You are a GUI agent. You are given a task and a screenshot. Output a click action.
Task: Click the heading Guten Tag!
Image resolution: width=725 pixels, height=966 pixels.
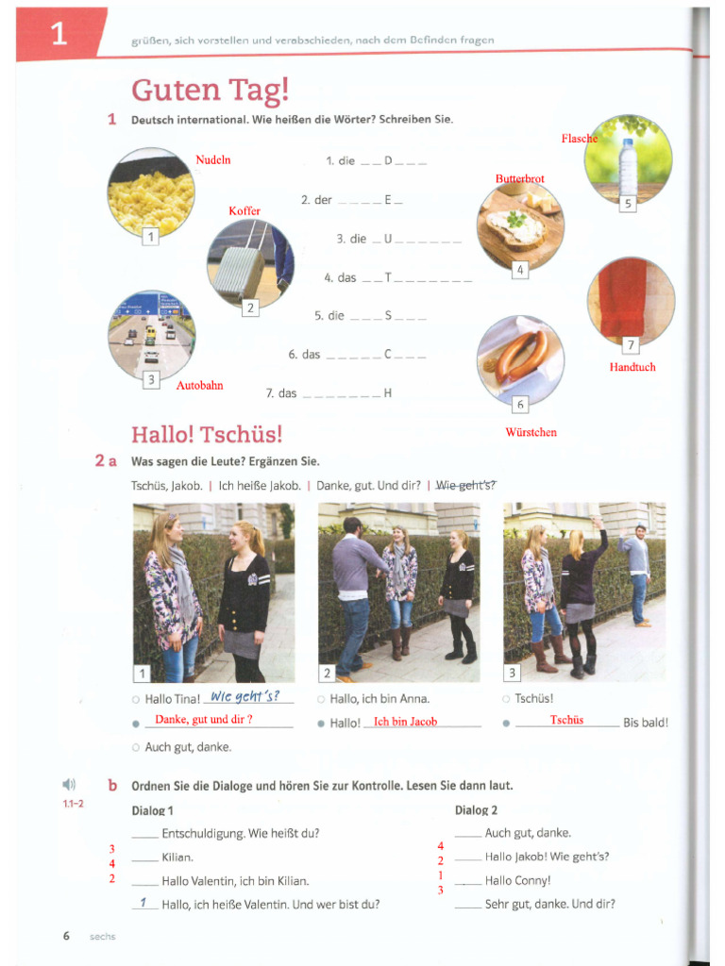coord(210,90)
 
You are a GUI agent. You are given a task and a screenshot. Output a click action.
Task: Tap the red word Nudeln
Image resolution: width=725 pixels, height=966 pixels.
coord(212,160)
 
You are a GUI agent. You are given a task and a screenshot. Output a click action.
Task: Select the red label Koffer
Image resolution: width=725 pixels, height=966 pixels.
coord(244,210)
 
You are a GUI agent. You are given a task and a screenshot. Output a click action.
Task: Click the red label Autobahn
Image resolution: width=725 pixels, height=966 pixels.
coord(199,386)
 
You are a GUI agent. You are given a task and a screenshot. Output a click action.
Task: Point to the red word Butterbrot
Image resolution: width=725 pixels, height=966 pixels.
coord(519,178)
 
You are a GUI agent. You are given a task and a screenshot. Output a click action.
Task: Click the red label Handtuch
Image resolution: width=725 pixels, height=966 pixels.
coord(632,367)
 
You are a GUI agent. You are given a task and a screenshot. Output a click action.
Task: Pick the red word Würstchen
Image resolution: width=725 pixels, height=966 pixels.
coord(531,432)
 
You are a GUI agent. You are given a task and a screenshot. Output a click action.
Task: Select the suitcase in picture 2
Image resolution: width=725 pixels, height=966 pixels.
coord(239,270)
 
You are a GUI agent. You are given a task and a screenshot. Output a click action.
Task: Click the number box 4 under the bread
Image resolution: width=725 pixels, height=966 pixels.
coord(519,271)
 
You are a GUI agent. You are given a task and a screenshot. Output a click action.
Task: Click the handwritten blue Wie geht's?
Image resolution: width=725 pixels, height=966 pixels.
coord(244,696)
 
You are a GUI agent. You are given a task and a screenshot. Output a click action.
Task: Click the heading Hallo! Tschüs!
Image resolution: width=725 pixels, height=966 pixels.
coord(207,434)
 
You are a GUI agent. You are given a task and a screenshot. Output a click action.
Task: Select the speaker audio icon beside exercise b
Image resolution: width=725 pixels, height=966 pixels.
coord(68,785)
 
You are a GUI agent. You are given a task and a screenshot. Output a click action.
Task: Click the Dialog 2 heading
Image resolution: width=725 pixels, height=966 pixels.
coord(476,810)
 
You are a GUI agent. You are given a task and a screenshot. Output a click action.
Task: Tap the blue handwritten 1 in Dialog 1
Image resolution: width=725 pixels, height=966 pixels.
coord(143,903)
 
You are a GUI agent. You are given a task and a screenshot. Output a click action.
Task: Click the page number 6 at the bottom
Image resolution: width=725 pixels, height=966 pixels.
coord(66,936)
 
